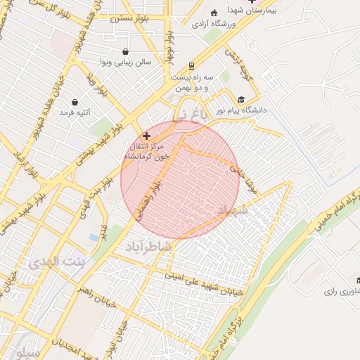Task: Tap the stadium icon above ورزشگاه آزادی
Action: tap(214, 13)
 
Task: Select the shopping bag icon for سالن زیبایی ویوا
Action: tap(125, 51)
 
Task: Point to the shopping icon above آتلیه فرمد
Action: tap(75, 102)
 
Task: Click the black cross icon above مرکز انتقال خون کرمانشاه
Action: tap(146, 135)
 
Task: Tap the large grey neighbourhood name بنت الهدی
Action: tap(56, 262)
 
